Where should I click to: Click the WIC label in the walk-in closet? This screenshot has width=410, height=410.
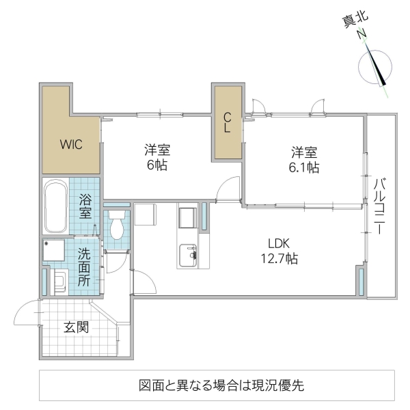point(71,144)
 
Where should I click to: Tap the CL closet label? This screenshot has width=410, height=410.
point(226,122)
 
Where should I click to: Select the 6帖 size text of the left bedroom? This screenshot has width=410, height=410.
point(156,165)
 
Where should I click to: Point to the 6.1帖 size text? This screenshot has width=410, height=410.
point(304,167)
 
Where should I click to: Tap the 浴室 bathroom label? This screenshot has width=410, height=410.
point(85,207)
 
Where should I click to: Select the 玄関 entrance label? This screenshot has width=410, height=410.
point(76,327)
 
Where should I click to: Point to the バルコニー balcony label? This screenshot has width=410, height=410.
point(380,205)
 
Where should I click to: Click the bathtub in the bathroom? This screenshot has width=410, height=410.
point(55,207)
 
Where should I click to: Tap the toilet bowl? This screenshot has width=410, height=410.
point(117,226)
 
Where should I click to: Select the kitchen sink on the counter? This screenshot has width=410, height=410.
point(186,256)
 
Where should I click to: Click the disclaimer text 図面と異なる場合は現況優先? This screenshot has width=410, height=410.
point(217,384)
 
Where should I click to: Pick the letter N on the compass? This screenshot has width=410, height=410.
point(361,36)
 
